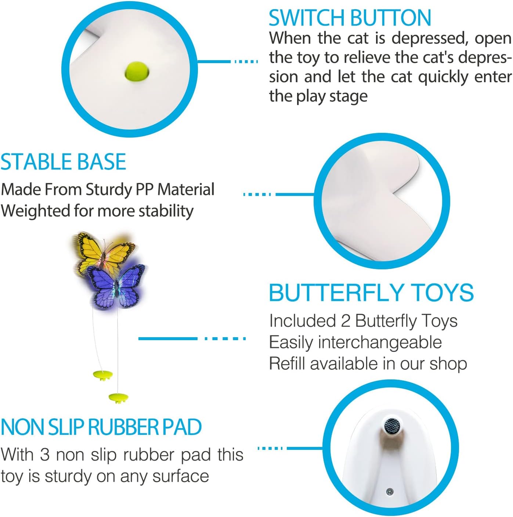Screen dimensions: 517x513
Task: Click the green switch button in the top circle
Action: [137, 71]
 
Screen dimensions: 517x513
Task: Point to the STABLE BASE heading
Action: [63, 162]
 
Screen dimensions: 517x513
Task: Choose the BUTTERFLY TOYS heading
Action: [371, 292]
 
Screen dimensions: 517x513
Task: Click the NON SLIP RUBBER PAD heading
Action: [101, 427]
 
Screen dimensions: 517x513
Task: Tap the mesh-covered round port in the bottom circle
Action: [392, 426]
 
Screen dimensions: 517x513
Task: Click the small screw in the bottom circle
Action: [390, 491]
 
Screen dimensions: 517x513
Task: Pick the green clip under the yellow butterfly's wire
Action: [103, 375]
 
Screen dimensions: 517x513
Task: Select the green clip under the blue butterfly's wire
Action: [119, 398]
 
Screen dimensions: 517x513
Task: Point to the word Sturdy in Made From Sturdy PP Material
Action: [109, 190]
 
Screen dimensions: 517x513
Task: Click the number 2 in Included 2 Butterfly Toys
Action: [345, 321]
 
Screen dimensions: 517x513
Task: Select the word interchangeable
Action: [380, 342]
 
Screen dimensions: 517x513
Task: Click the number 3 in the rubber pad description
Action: [44, 455]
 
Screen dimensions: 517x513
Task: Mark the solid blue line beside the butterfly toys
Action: [167, 338]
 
